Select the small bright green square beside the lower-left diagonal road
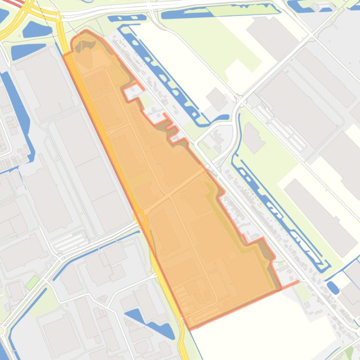(x=32, y=282)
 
